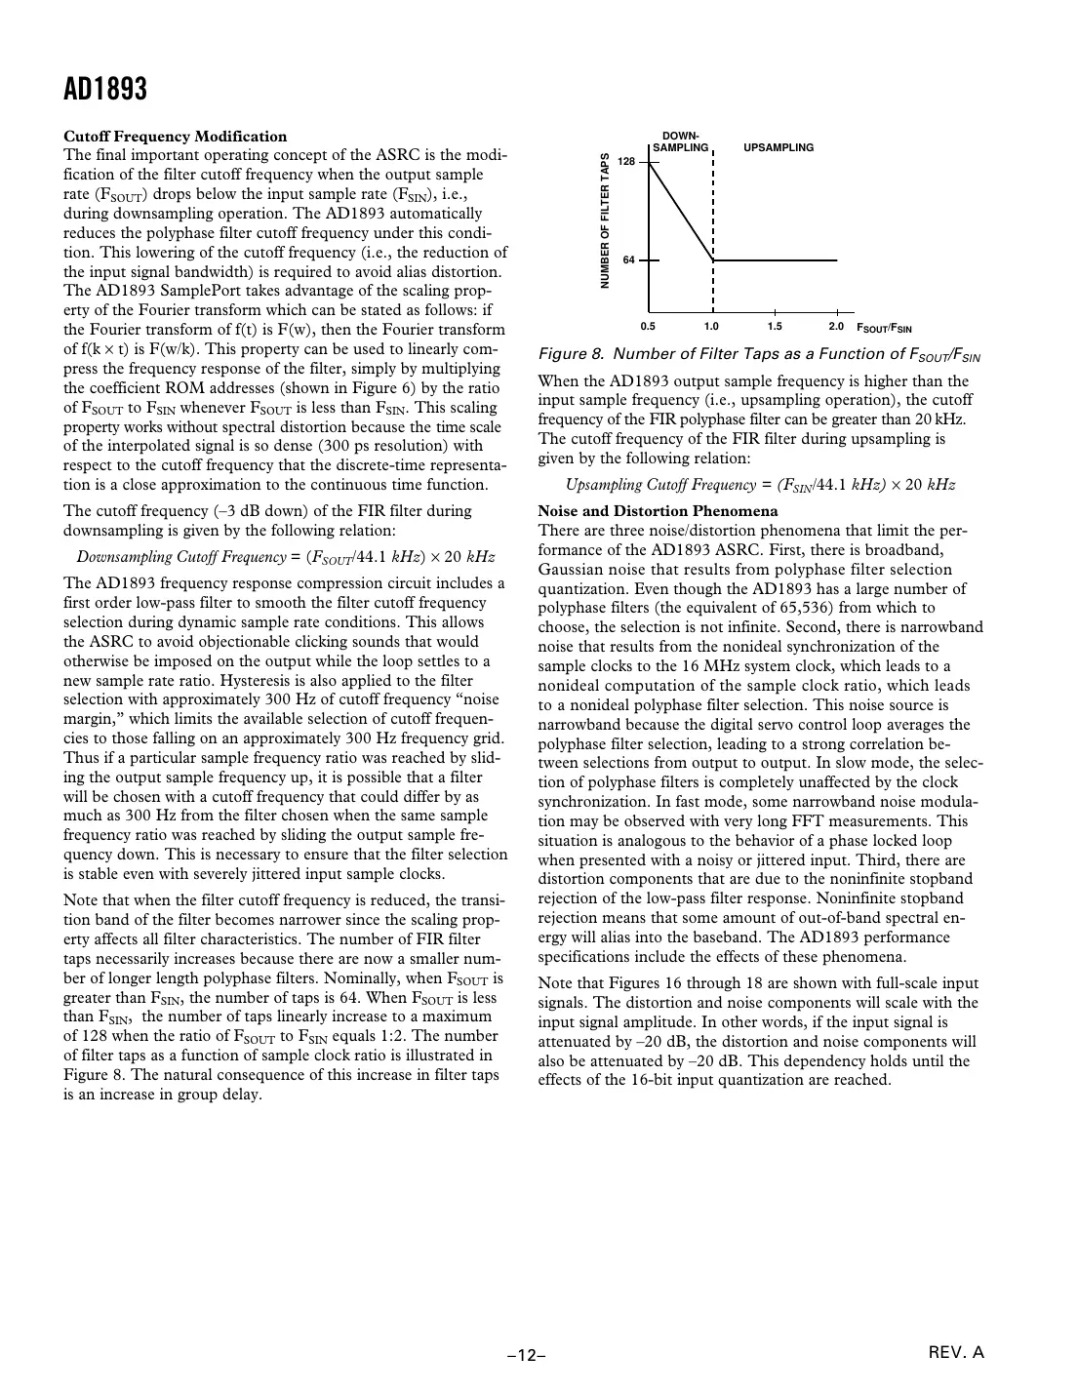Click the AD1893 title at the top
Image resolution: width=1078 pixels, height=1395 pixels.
coord(105,91)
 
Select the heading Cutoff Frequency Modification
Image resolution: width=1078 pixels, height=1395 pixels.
coord(176,137)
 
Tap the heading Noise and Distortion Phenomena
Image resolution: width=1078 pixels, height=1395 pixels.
coord(659,511)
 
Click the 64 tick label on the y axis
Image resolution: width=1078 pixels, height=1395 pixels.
coord(629,260)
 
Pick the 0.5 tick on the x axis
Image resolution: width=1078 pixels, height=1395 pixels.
coord(648,326)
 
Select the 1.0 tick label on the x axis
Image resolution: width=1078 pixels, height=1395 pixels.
coord(711,326)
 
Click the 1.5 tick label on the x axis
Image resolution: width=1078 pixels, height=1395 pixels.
coord(775,326)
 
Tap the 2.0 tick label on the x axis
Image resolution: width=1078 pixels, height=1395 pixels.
coord(836,326)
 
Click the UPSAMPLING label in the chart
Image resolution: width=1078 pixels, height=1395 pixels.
coord(779,147)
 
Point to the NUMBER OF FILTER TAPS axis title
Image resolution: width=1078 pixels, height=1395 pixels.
coord(605,220)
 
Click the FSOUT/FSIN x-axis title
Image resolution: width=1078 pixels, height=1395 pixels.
coord(884,328)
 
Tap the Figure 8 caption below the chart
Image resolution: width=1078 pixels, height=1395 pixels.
coord(759,354)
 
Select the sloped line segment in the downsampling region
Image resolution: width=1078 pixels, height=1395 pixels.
coord(681,211)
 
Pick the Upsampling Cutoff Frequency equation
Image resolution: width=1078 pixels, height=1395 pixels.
coord(760,485)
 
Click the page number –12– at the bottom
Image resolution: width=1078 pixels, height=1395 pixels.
coord(526,1355)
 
